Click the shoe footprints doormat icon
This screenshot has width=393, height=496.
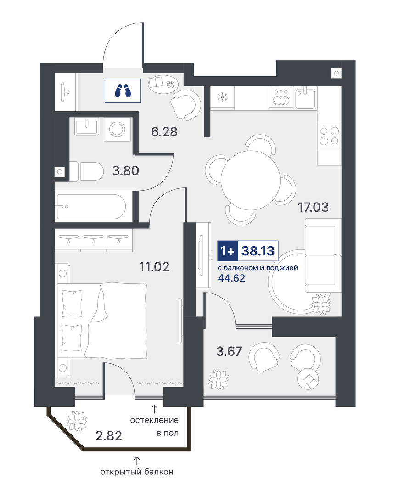point(123,91)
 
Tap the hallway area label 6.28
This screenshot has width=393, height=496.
point(164,132)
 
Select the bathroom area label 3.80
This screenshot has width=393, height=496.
point(125,171)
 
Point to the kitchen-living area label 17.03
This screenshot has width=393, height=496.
point(313,208)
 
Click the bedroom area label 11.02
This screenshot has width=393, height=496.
point(154,267)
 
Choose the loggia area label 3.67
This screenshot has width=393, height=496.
point(229,351)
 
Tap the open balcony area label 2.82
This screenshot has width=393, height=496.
point(109,436)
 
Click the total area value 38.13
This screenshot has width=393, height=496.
point(258,251)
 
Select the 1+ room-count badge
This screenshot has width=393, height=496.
point(228,251)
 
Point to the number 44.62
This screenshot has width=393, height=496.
point(232,278)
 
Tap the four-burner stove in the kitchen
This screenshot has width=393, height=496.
point(329,135)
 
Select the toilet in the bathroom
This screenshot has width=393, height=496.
point(86,172)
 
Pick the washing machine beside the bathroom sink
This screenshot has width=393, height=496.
point(117,130)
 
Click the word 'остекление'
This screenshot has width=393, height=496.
point(154,420)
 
